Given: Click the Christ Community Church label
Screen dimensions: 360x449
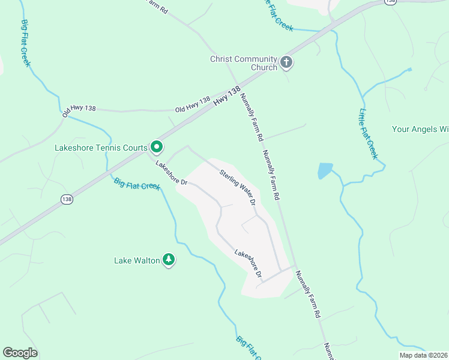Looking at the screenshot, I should [243, 63].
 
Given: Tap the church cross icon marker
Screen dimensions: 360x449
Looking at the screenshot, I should [286, 61].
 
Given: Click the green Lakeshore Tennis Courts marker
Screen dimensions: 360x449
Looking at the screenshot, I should [157, 146].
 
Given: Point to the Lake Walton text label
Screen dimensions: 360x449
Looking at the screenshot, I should [137, 260].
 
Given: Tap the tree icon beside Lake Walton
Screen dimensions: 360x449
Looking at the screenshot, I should [169, 260].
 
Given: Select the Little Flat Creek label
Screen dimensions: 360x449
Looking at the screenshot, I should [368, 133].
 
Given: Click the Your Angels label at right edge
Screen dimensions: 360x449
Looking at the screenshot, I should [420, 129].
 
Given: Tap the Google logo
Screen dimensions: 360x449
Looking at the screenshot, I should [20, 353].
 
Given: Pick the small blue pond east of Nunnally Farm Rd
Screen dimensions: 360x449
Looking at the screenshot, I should [324, 171].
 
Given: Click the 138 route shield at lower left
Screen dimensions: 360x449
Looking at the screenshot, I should [66, 199].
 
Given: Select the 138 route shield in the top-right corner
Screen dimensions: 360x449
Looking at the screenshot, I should [390, 2].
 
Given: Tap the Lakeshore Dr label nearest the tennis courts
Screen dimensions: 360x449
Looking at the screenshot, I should [172, 173].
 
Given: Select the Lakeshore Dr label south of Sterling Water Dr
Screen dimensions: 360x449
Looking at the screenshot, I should [249, 263].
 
